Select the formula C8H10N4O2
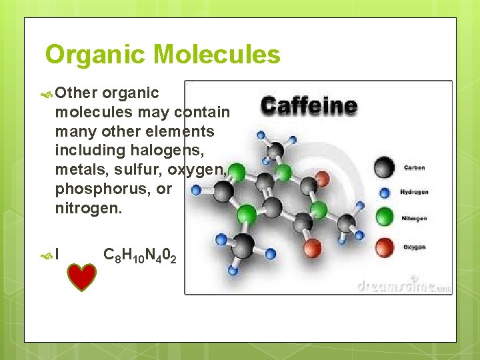pyautogui.click(x=141, y=255)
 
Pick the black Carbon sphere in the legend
pyautogui.click(x=384, y=167)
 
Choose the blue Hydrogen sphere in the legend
pyautogui.click(x=383, y=193)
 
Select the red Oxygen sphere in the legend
pyautogui.click(x=384, y=247)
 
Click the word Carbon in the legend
pyautogui.click(x=414, y=168)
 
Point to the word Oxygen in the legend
pyautogui.click(x=414, y=247)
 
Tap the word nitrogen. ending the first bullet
pyautogui.click(x=89, y=209)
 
